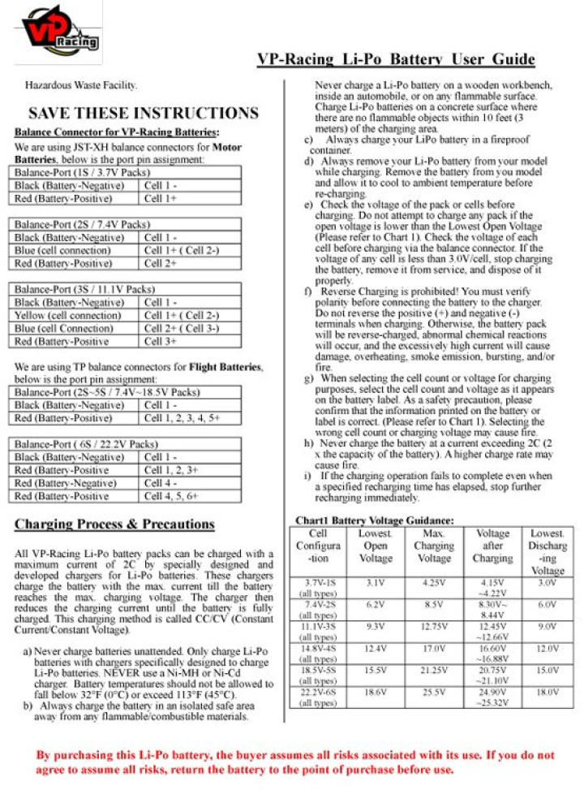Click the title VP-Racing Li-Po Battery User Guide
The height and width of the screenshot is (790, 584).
point(395,59)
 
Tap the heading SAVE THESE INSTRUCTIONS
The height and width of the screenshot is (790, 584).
point(143,113)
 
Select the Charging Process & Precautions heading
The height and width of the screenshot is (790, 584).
point(114,524)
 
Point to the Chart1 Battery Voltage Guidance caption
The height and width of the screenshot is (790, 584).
point(373,520)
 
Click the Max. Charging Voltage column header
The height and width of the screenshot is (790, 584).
point(434,546)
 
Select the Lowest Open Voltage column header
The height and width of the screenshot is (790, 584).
point(375,546)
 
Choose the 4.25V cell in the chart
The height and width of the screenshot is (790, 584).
point(434,583)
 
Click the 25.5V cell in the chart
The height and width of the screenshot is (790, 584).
point(434,692)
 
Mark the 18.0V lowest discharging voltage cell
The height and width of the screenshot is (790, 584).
point(547,692)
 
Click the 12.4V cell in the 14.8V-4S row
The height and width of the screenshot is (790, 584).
point(375,649)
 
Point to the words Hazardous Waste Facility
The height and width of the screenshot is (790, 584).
point(81,84)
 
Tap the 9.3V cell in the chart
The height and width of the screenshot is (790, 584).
point(375,627)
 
